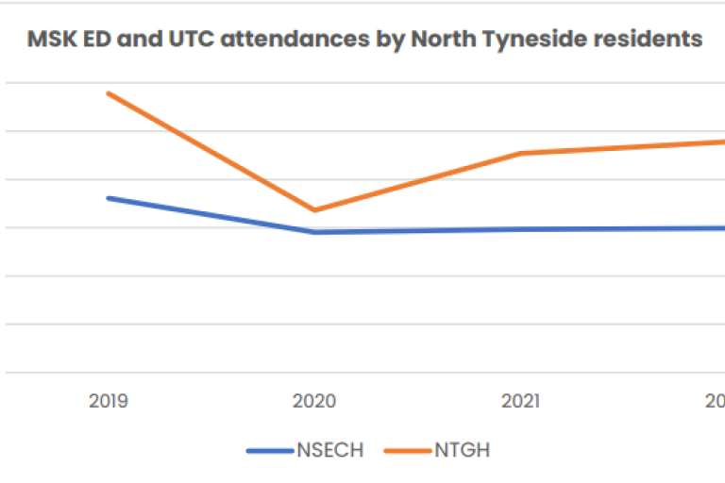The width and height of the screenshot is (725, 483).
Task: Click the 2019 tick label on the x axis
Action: point(109,401)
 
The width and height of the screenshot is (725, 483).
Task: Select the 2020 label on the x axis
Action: point(314,401)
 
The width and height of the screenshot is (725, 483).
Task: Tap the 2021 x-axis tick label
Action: point(520,401)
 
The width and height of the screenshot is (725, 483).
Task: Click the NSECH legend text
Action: point(329,450)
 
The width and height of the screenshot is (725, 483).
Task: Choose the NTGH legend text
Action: point(462,450)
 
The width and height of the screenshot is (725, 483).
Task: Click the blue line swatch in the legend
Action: point(270,451)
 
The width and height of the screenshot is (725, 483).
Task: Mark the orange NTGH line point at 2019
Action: point(109,93)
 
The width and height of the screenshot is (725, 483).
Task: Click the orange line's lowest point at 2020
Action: point(314,210)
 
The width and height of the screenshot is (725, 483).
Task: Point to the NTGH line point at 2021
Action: point(520,153)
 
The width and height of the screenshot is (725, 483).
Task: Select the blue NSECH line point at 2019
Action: point(109,198)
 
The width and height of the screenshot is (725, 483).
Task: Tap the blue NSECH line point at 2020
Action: point(314,232)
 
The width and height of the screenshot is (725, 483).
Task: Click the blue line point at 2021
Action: point(520,229)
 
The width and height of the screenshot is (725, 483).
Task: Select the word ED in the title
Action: point(93,40)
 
